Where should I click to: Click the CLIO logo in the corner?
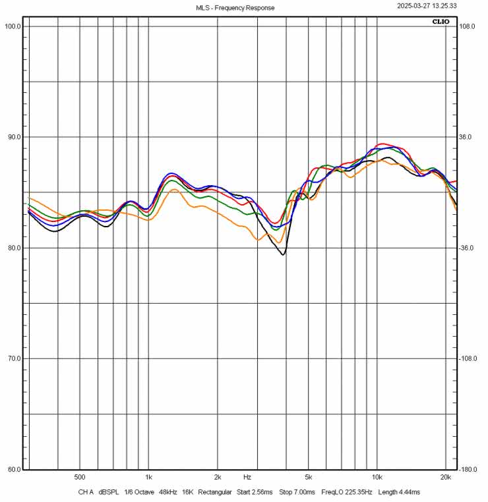pos(441,22)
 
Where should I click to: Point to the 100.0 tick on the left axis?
pos(13,26)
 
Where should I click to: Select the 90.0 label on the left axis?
pos(13,137)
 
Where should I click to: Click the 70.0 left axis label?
pos(13,358)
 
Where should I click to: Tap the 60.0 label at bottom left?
pos(13,470)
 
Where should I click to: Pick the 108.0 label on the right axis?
pos(468,26)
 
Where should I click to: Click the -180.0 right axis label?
pos(468,470)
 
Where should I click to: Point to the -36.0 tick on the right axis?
pos(468,248)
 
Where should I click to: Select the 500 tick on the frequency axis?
pos(80,477)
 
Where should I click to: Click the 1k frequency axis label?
pos(148,477)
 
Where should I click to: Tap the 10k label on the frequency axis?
pos(377,477)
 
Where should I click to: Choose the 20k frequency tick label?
pos(446,477)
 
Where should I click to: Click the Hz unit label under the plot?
pos(247,477)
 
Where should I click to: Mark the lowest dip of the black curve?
pos(284,254)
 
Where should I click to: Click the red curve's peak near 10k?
pos(381,144)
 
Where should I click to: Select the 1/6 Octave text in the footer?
pos(137,492)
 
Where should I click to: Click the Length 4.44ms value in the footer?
pos(398,492)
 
